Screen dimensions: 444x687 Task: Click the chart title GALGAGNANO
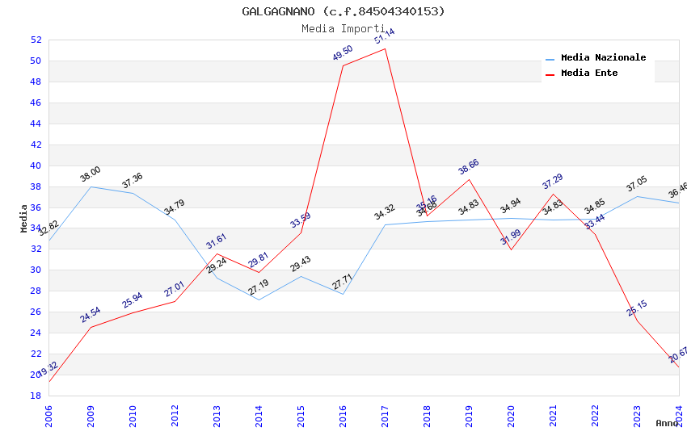click(x=343, y=11)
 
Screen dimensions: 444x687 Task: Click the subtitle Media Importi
click(x=343, y=28)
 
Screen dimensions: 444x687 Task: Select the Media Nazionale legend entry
click(x=603, y=57)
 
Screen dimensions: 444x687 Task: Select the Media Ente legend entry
click(x=589, y=73)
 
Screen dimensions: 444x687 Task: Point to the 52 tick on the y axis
click(x=36, y=40)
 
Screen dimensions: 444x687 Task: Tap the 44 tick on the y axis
click(x=36, y=124)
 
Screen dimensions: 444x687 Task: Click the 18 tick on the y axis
click(x=36, y=396)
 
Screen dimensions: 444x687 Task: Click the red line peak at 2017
click(x=385, y=48)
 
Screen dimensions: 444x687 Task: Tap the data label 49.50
click(x=343, y=53)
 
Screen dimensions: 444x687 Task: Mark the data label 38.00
click(x=91, y=174)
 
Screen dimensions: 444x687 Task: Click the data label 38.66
click(x=469, y=166)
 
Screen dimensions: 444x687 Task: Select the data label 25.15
click(x=637, y=308)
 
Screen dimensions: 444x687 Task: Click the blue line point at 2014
click(x=259, y=299)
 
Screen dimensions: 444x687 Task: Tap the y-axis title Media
click(x=24, y=218)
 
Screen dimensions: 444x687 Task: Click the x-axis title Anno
click(x=667, y=423)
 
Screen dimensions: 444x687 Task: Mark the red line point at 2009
click(x=91, y=327)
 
